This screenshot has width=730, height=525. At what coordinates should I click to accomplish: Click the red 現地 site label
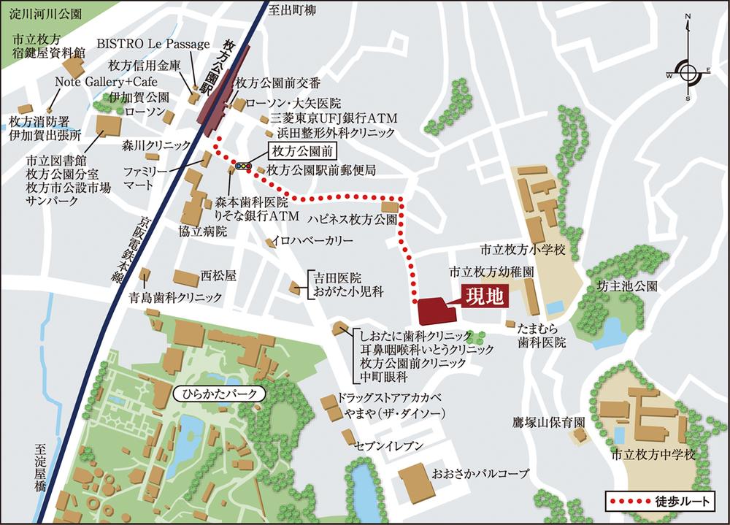point(482,298)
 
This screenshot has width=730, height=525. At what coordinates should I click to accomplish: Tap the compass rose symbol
point(688,71)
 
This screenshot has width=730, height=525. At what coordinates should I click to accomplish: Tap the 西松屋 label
point(219,276)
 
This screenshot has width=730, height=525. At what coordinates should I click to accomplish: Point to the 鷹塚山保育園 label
point(549,422)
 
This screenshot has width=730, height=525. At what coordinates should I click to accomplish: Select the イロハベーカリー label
point(312,240)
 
